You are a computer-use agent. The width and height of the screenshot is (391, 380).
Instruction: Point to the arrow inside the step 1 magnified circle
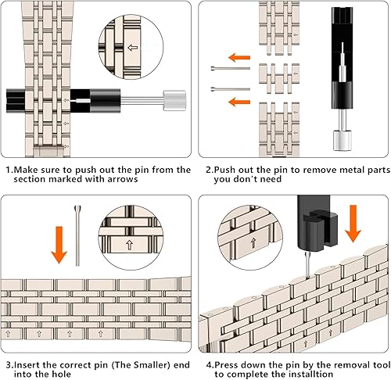[x=132, y=46]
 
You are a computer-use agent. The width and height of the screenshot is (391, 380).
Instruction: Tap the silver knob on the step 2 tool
[x=342, y=141]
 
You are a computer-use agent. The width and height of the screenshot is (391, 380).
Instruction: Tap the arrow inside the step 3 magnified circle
[x=144, y=243]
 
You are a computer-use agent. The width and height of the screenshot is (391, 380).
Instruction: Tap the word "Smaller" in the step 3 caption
[x=140, y=364]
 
